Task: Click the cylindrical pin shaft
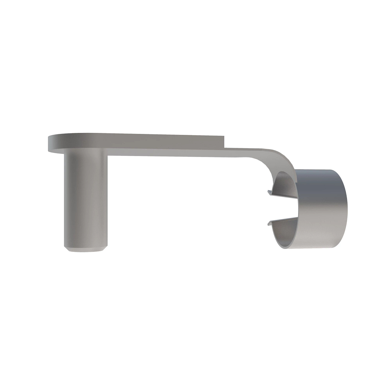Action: tap(85, 199)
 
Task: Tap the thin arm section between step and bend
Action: tap(241, 152)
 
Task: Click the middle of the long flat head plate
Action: tap(137, 143)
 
